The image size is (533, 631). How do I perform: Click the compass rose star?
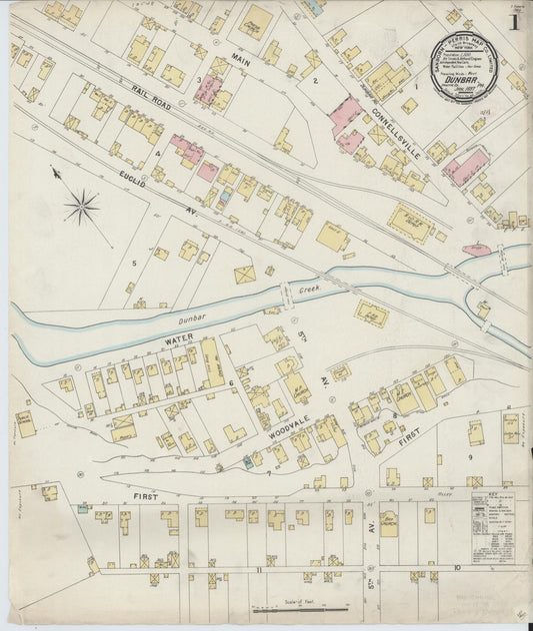[x=82, y=207]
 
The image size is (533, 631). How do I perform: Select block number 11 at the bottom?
[x=258, y=569]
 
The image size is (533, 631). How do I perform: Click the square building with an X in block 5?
[x=244, y=273]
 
